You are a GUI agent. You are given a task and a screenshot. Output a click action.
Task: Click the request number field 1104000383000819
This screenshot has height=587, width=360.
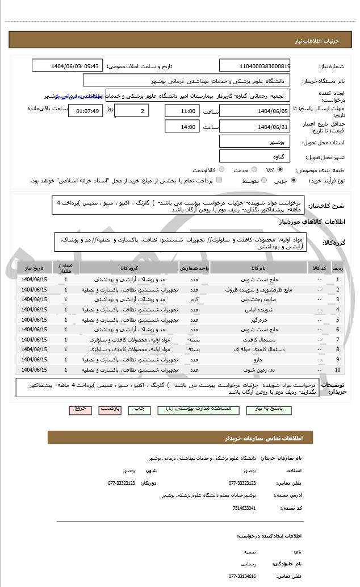click(254, 65)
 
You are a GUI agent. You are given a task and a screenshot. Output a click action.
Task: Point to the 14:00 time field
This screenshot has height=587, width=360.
click(182, 127)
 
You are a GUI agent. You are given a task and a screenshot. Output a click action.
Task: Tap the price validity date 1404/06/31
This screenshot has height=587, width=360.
click(254, 127)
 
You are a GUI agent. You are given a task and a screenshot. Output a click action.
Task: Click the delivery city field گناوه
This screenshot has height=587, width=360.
click(254, 156)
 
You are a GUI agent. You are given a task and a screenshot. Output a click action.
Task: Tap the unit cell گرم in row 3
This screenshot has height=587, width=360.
click(194, 299)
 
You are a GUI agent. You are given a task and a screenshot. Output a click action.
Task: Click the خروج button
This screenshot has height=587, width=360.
click(79, 409)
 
